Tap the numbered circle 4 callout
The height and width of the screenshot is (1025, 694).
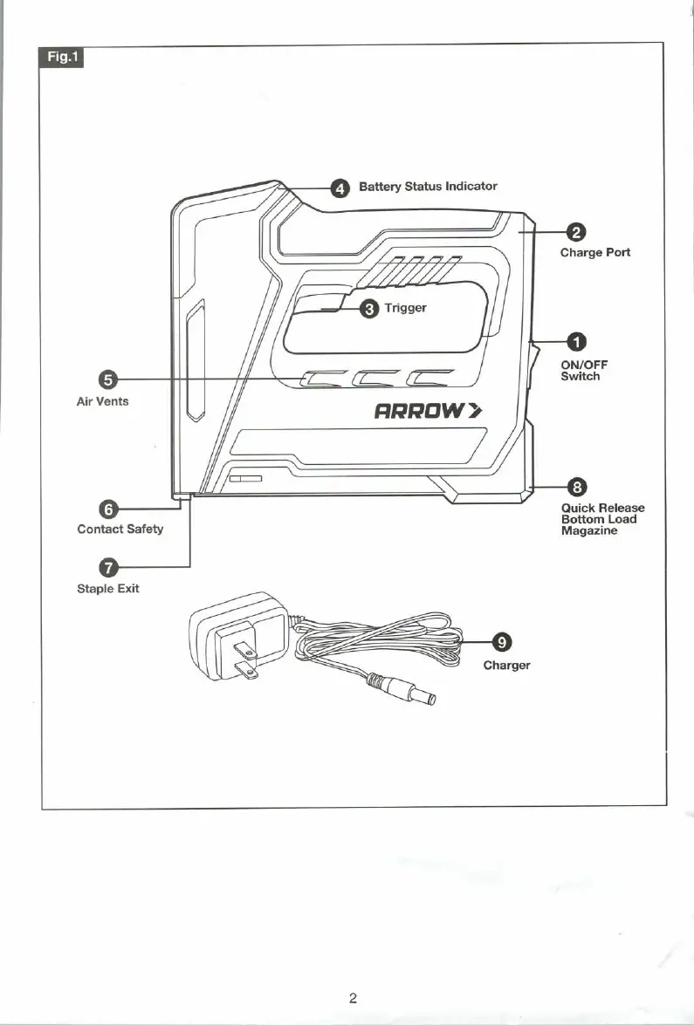coord(340,188)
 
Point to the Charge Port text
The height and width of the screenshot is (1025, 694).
coord(594,252)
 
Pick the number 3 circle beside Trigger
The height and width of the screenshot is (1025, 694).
coord(370,309)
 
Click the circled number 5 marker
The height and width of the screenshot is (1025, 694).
coord(108,379)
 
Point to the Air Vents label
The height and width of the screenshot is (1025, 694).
coord(102,401)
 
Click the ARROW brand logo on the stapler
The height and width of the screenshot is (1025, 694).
coord(428,411)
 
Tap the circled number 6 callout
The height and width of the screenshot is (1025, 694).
coord(108,509)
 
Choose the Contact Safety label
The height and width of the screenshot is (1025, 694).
coord(120,529)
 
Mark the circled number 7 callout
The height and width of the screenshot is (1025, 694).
coord(108,567)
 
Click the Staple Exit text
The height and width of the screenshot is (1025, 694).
coord(107,588)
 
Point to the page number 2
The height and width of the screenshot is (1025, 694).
coord(352,998)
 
